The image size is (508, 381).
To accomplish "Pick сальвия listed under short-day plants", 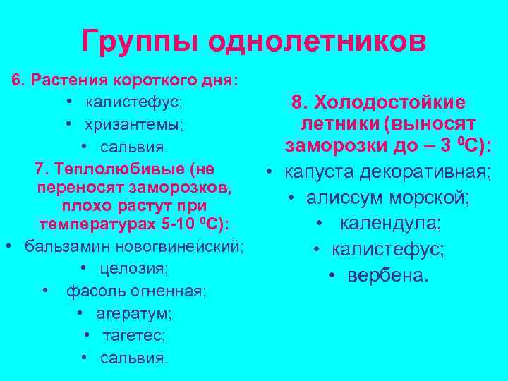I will point(134,147).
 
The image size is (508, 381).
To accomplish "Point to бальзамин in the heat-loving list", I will point(59,247).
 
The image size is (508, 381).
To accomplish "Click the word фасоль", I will point(92,291).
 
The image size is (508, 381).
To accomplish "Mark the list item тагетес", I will point(134,334).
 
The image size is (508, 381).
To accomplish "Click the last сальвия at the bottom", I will point(134,357).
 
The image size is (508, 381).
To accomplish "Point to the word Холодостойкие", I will point(389,103).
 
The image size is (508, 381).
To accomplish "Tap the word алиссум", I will point(339,198).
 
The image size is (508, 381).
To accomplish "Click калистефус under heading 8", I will point(388,249).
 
